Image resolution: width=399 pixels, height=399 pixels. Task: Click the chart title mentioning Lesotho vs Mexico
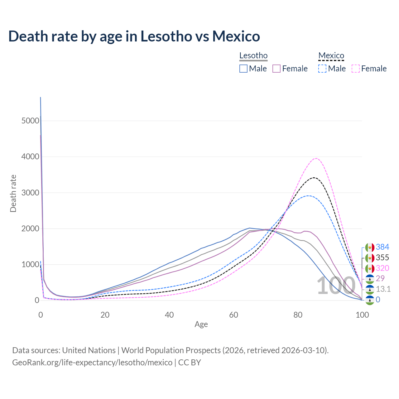[x=134, y=36]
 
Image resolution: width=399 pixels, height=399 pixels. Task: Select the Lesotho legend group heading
[x=253, y=56]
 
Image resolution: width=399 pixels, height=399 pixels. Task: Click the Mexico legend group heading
[x=331, y=56]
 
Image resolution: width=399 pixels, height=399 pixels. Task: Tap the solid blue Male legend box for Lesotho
[x=243, y=69]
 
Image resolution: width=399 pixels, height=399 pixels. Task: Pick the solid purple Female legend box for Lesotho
[x=277, y=69]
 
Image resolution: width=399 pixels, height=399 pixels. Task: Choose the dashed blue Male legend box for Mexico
[x=322, y=69]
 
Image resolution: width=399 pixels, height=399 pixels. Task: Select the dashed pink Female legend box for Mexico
[x=356, y=69]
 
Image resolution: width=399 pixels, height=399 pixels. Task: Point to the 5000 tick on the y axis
[x=30, y=121]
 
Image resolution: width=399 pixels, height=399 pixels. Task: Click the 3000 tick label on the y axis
[x=30, y=193]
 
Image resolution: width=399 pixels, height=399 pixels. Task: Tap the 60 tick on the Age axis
[x=233, y=315]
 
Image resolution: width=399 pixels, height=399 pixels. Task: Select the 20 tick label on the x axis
[x=105, y=315]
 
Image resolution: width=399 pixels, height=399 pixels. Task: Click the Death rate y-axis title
[x=13, y=193]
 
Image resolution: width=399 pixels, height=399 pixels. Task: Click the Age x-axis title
[x=201, y=324]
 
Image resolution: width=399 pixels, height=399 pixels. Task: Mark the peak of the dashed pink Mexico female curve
[x=316, y=158]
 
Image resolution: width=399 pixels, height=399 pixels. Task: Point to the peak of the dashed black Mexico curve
[x=314, y=178]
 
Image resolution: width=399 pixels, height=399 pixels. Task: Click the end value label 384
[x=382, y=247]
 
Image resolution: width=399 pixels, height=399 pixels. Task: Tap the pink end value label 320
[x=382, y=268]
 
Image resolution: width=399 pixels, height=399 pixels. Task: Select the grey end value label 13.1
[x=383, y=289]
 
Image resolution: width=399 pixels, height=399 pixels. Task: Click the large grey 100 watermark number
[x=336, y=286]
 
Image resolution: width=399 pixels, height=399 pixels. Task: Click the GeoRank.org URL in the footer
[x=92, y=363]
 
